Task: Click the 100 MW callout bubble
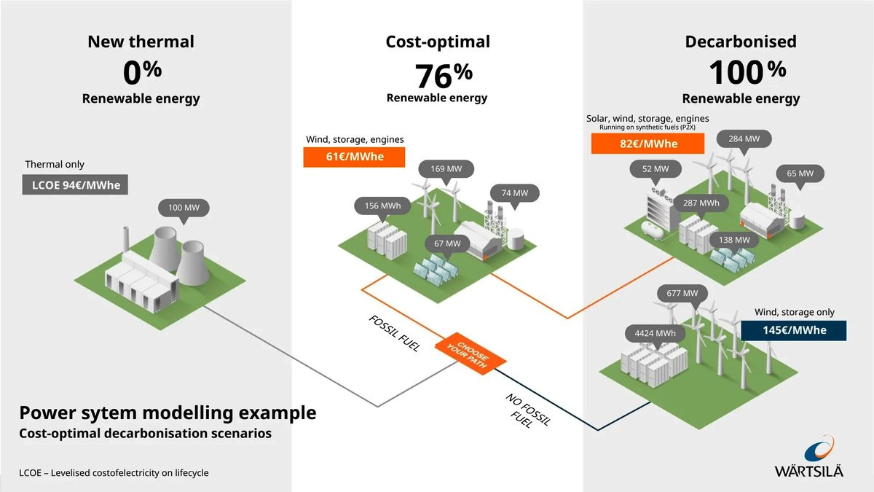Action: [184, 208]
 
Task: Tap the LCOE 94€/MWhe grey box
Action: [75, 184]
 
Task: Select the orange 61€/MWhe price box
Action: [354, 157]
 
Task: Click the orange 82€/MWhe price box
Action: [647, 144]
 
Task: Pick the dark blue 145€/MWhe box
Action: [794, 330]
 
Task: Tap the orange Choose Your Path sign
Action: [471, 354]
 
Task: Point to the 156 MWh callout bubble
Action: [382, 206]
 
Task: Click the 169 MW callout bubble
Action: [446, 169]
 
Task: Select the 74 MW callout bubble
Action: [515, 193]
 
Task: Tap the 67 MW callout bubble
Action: [447, 243]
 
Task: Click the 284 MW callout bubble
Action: [744, 139]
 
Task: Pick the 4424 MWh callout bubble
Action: [655, 334]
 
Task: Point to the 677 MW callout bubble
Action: [682, 293]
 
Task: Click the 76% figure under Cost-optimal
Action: [444, 75]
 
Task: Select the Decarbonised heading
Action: [741, 42]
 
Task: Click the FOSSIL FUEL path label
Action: [395, 334]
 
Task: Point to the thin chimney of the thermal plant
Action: [125, 240]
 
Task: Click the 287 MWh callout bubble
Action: [701, 203]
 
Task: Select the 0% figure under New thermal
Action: [142, 72]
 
